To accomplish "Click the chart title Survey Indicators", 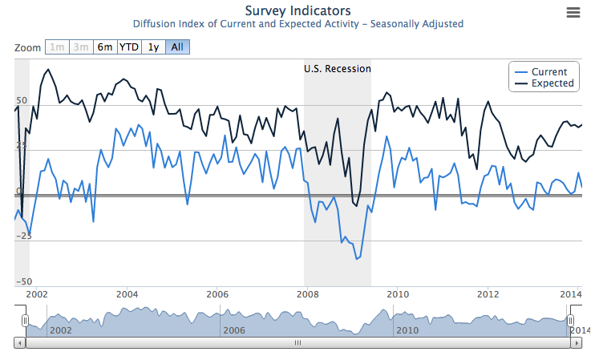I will pos(297,10).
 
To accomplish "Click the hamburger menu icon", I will pos(573,12).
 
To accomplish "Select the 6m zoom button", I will pos(105,47).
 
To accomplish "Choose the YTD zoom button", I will pos(128,47).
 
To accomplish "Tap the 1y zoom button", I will pos(153,47).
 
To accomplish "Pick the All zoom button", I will pos(177,47).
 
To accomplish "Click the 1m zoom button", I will pos(57,47).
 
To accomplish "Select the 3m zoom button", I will pos(81,47).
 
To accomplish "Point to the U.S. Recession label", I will pos(338,69).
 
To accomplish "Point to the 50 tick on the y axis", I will pos(22,101).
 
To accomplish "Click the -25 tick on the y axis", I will pos(23,236).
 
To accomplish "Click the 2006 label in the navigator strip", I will pos(233,330).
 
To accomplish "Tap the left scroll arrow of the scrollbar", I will pos(20,342).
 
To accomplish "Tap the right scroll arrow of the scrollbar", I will pos(576,342).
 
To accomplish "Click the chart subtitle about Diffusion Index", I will pos(297,24).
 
